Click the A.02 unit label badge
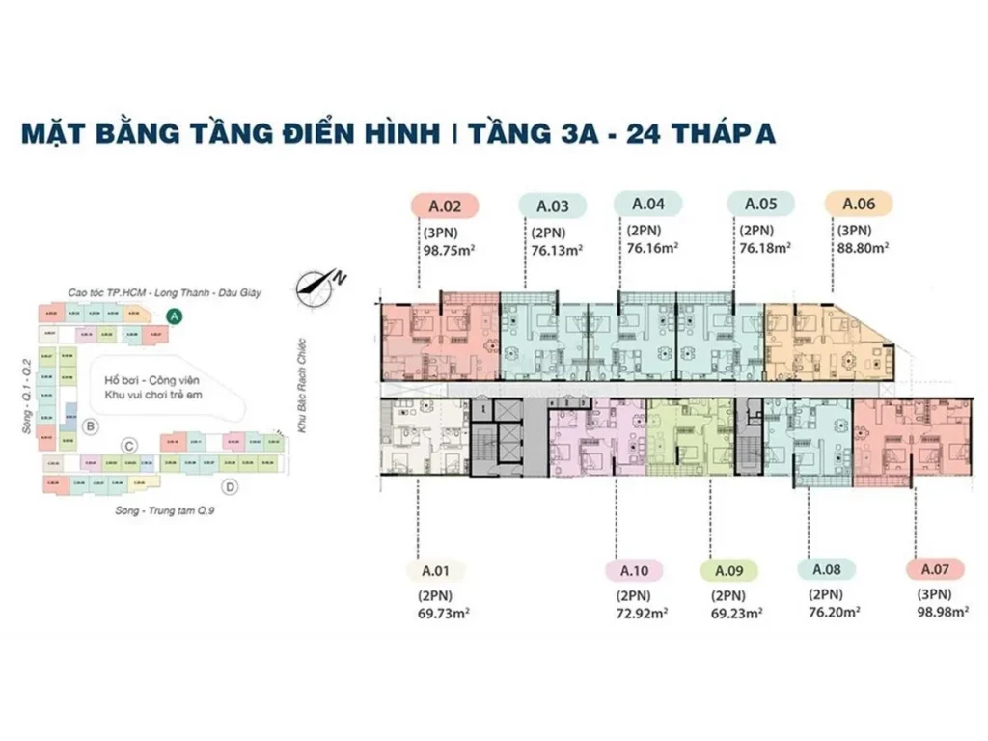(x=445, y=205)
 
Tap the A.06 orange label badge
(x=858, y=204)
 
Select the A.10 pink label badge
(x=633, y=570)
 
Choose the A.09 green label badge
(x=728, y=570)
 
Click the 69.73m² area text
(x=444, y=613)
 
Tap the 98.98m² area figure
(x=944, y=612)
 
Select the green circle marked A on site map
(x=174, y=315)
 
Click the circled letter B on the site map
(x=90, y=425)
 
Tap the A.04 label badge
(x=648, y=204)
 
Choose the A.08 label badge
(x=827, y=570)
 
